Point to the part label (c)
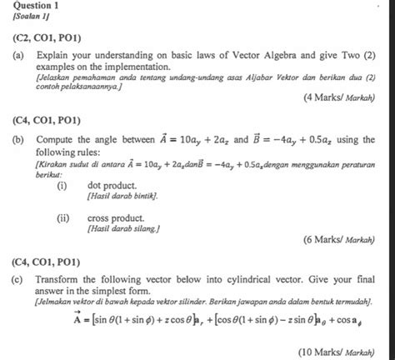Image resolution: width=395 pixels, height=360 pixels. tap(17, 281)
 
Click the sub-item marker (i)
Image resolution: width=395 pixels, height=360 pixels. tap(62, 184)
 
